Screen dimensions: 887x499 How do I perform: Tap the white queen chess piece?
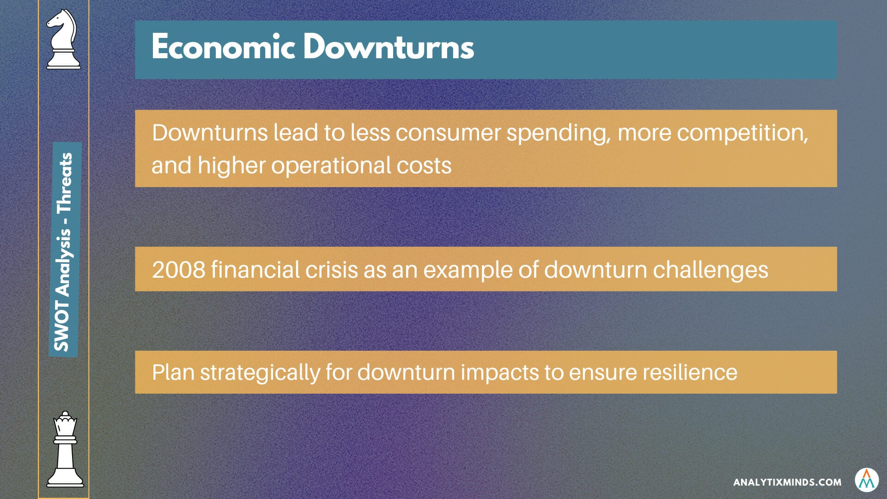pos(65,449)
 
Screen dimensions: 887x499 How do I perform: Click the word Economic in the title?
pos(223,47)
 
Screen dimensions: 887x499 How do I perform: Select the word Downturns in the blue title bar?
pos(389,47)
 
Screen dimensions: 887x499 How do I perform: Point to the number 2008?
pos(178,270)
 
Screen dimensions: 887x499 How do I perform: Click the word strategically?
pos(260,373)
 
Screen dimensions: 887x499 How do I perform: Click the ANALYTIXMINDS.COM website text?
pos(787,482)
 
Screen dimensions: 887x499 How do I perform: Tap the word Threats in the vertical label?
pos(64,183)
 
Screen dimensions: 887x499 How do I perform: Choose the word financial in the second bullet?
pos(255,270)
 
